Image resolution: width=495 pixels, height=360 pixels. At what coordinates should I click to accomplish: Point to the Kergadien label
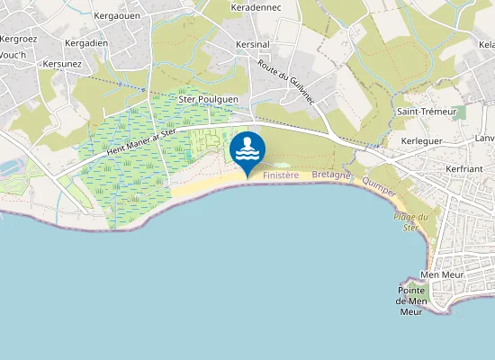[87, 43]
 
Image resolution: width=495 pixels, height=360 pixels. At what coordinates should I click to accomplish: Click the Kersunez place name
[62, 65]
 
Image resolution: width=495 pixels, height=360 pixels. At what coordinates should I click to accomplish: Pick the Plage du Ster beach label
[409, 221]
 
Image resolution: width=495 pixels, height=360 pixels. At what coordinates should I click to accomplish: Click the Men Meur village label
[440, 274]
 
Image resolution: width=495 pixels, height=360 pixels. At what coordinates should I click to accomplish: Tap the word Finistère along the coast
[281, 176]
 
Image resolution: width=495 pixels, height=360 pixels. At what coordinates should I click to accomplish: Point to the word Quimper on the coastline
[379, 185]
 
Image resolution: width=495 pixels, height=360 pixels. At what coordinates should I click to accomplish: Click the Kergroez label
[17, 39]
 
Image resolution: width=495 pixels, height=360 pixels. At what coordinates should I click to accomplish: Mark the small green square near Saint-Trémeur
[460, 112]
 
